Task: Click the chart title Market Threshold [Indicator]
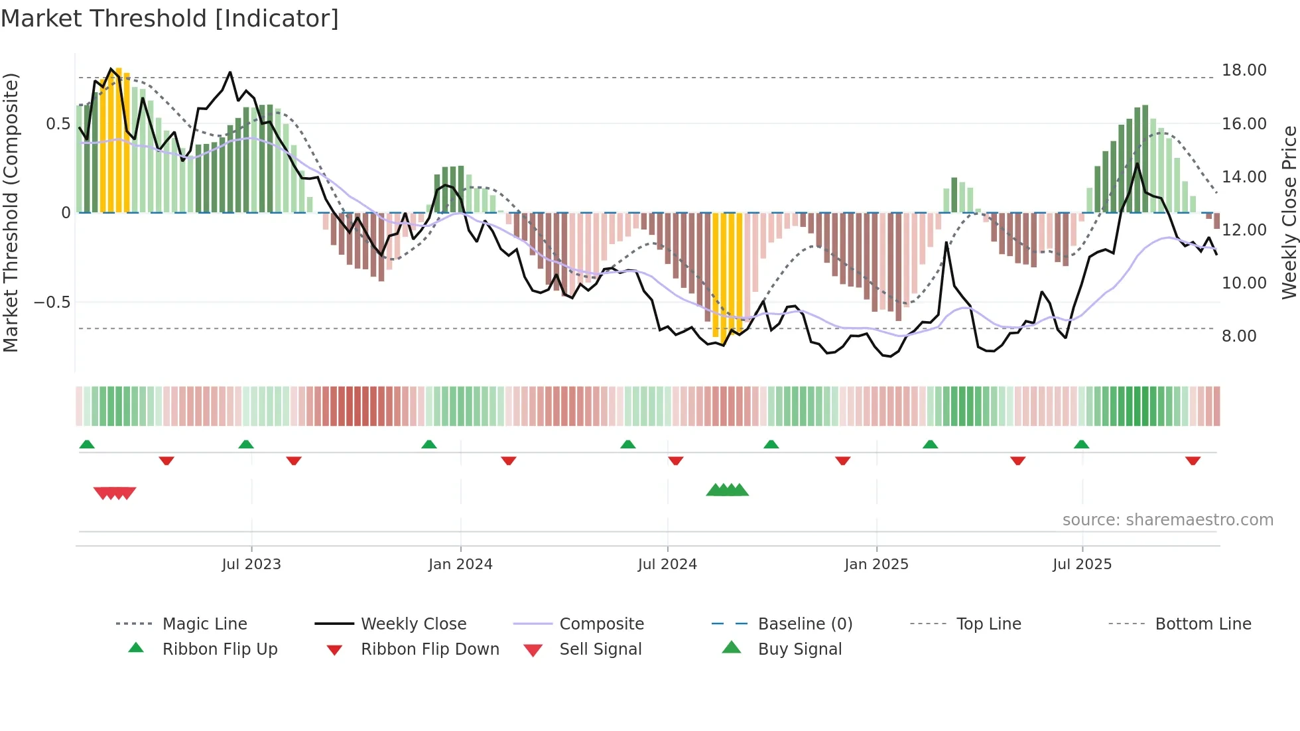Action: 170,19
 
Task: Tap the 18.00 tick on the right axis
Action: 1244,70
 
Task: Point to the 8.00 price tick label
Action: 1239,336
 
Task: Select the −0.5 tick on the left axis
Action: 52,302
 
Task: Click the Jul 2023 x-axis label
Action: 251,565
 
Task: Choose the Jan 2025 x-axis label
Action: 876,565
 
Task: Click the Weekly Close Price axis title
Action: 1289,212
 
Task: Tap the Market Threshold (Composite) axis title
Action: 11,212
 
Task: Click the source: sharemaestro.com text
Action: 1167,520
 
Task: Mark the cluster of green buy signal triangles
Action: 728,490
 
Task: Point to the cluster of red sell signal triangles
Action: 115,493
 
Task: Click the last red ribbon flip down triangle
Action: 1193,460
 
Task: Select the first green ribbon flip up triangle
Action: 87,444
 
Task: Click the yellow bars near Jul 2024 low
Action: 727,275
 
